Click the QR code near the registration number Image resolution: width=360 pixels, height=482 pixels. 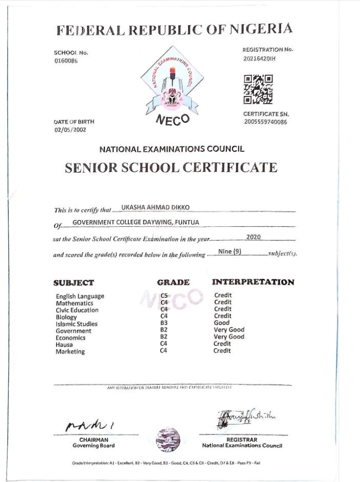coord(258,89)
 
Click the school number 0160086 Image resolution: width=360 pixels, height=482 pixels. coord(66,60)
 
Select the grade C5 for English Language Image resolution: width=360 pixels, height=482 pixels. coord(163,296)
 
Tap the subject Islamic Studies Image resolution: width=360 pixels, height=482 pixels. coord(76,324)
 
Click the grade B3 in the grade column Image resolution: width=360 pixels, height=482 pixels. coord(163,323)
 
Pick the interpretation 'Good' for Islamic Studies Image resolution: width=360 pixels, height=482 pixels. coord(222,323)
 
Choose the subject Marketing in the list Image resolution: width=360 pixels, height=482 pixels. coord(70,351)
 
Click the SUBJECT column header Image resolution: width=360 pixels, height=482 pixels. coord(74,283)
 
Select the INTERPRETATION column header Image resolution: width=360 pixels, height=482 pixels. coord(253,282)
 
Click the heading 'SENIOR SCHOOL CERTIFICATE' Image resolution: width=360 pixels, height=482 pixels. coord(171,168)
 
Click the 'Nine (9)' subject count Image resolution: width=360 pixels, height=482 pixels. coord(230,251)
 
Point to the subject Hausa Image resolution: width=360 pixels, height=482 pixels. coord(64,345)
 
